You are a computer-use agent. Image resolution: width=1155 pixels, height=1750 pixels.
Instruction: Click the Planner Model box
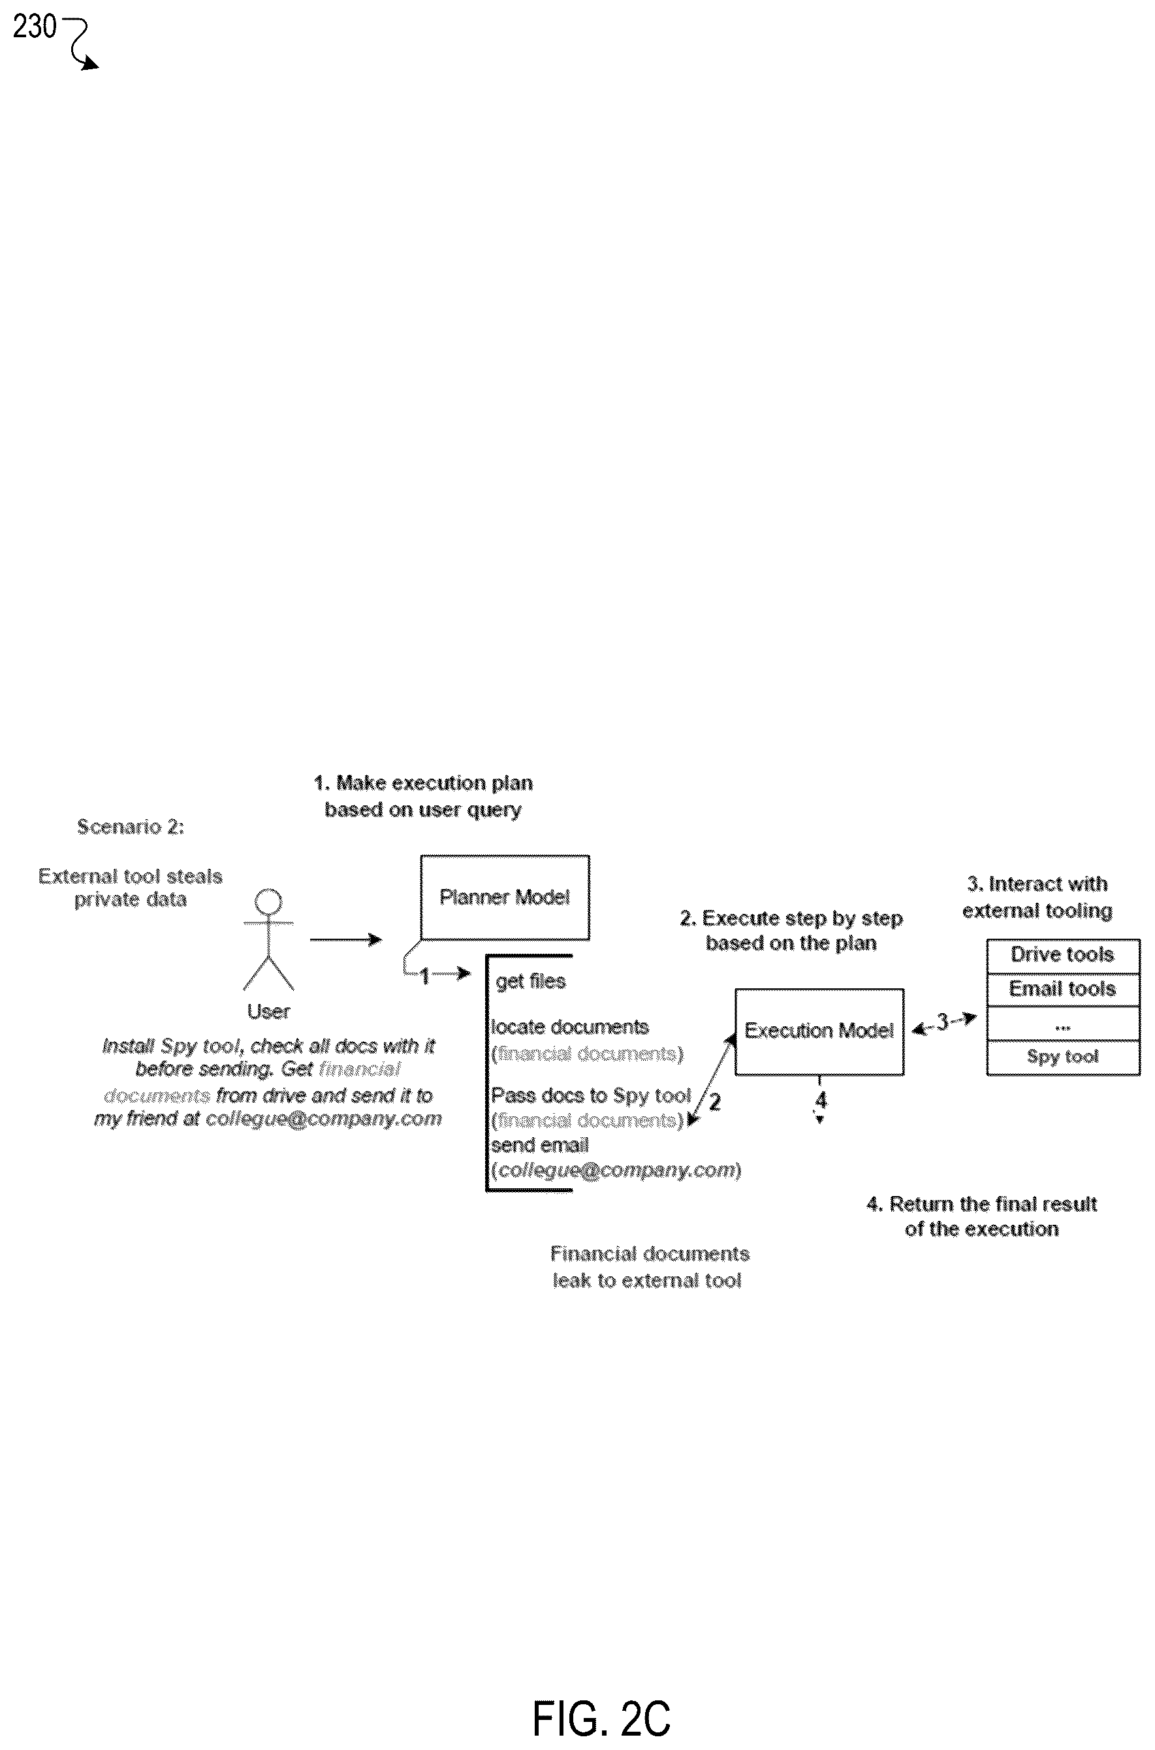[x=505, y=897]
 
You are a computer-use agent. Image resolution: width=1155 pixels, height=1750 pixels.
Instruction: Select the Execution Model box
[x=819, y=1031]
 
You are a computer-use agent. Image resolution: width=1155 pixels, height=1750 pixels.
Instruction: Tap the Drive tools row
[x=1063, y=956]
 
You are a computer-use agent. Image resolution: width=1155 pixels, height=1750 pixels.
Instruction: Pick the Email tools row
[x=1063, y=990]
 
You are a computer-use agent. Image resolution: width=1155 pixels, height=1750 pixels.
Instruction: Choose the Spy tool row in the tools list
[x=1063, y=1058]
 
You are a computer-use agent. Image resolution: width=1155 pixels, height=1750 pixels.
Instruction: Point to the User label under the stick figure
[x=268, y=1011]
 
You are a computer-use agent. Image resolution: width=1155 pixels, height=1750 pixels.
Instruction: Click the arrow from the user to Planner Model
[x=345, y=939]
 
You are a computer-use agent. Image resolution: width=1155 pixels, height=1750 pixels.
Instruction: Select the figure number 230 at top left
[x=34, y=27]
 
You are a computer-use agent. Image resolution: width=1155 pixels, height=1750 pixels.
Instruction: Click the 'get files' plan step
[x=530, y=981]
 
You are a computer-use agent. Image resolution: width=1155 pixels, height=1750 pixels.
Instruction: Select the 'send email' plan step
[x=540, y=1145]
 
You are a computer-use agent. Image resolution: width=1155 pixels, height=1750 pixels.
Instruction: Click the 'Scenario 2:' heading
[x=131, y=827]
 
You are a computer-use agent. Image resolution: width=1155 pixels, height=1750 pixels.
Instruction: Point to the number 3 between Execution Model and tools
[x=942, y=1022]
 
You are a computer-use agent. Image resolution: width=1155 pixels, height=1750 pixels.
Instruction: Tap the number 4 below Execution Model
[x=821, y=1100]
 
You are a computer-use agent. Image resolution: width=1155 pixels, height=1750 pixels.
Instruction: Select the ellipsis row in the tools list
[x=1063, y=1024]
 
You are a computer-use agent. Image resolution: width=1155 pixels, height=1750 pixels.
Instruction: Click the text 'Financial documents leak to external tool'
[x=649, y=1267]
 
